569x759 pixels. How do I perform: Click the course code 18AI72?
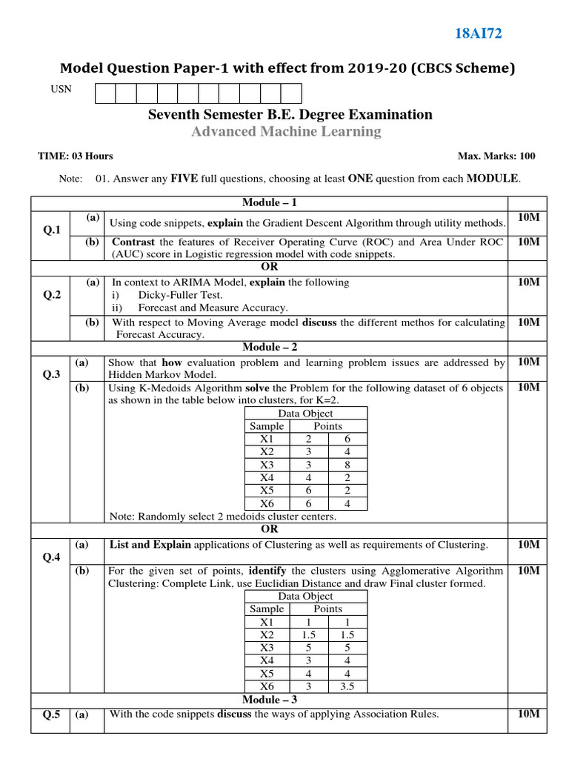(x=482, y=33)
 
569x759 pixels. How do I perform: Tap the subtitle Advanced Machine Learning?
(x=286, y=132)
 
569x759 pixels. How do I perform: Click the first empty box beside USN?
(x=104, y=93)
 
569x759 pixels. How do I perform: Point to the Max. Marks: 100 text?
(x=496, y=156)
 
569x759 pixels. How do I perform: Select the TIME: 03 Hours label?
(x=75, y=156)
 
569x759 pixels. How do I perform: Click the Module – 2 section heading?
(x=270, y=347)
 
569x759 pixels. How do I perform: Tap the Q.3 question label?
(x=51, y=374)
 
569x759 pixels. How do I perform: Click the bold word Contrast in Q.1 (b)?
(x=133, y=242)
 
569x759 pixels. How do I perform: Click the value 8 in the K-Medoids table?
(x=347, y=465)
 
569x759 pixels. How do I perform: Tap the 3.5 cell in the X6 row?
(x=347, y=686)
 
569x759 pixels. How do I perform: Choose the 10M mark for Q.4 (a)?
(x=529, y=545)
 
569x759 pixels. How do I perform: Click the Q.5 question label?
(x=51, y=715)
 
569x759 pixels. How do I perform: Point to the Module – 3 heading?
(x=270, y=700)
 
